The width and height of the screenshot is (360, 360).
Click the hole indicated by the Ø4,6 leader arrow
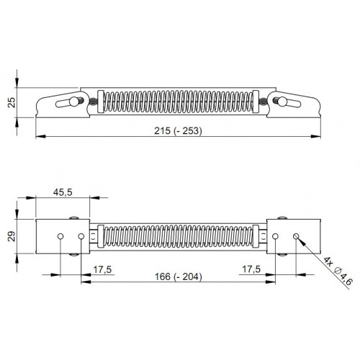point(295,235)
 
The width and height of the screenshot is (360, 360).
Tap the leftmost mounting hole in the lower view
point(62,236)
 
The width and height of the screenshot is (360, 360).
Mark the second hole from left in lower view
point(81,236)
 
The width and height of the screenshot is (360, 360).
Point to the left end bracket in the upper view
point(61,103)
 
